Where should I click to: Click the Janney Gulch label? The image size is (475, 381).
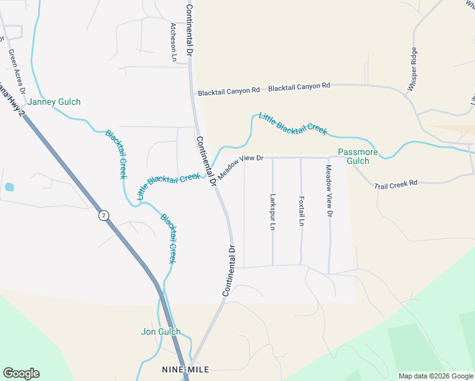tap(55, 102)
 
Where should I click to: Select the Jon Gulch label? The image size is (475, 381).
tap(161, 331)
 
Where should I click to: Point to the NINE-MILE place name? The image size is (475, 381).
tap(185, 369)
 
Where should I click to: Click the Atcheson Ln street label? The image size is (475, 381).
tap(173, 42)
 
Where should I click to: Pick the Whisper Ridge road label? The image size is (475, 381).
tap(412, 69)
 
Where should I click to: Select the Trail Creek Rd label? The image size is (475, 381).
tap(396, 184)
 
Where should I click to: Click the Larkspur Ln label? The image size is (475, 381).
tap(272, 211)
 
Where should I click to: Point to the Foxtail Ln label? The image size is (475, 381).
tap(301, 211)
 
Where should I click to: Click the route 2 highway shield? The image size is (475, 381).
tap(104, 216)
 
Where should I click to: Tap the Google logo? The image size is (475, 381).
tap(21, 373)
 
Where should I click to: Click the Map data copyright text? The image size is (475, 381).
tap(436, 376)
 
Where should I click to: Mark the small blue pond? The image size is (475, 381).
tap(9, 187)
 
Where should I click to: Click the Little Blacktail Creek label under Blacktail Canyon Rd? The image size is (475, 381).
tap(293, 123)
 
